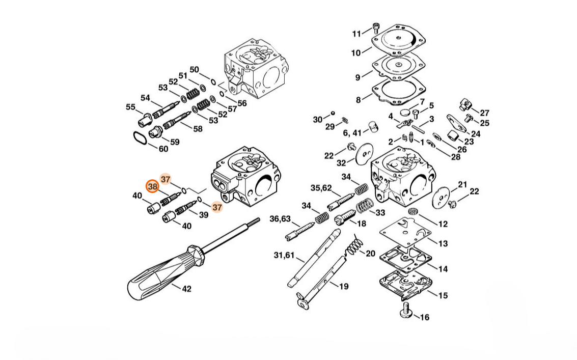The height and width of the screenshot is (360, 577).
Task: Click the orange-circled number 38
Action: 152,187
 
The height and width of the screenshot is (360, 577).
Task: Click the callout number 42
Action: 186,289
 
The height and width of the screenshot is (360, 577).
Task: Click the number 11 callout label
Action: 356,34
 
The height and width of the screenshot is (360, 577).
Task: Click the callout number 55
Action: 131,107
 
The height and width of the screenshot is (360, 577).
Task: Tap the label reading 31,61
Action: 284,255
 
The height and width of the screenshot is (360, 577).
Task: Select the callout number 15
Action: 443,295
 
